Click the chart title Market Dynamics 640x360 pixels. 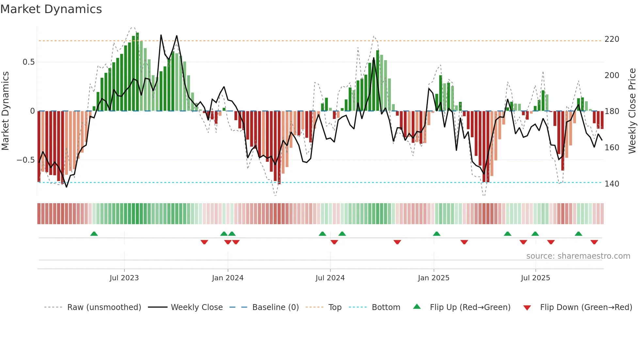coord(51,9)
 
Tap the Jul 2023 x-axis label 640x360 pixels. coord(124,278)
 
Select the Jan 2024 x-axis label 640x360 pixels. coord(228,278)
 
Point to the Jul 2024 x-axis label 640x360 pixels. coord(330,278)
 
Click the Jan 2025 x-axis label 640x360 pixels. coord(434,278)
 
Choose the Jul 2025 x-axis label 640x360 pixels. coord(536,278)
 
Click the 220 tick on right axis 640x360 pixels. coord(612,39)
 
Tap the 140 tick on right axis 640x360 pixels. coord(612,184)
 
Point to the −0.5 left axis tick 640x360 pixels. coord(25,160)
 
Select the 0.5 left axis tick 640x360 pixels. coord(28,62)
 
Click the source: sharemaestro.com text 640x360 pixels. coord(578,256)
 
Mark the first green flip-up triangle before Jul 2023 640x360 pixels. coord(94,234)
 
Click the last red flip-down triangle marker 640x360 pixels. coord(594,242)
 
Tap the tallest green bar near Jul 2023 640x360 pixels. coord(137,72)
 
